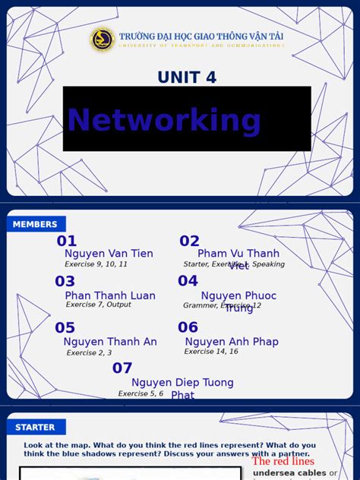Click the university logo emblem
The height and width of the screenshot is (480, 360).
pos(102,39)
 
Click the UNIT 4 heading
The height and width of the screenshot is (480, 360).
pos(187,77)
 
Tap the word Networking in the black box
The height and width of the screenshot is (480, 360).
pos(164,120)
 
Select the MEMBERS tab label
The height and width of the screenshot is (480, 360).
pos(35,224)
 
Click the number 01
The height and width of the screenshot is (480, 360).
pos(67,242)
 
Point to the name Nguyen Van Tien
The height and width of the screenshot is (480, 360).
pos(109,254)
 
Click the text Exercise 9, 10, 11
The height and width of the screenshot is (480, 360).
pos(96,264)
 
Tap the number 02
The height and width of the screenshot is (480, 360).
pos(190,242)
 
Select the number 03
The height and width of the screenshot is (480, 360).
pos(65,282)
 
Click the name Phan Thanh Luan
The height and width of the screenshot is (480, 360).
pos(110,295)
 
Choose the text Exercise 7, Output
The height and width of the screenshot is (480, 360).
pos(98,305)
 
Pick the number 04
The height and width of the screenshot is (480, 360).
pos(188,281)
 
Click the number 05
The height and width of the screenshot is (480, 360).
pos(65,328)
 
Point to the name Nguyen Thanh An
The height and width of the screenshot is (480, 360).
pos(110,342)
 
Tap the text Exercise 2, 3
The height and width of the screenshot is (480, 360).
pos(89,352)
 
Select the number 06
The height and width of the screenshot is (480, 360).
pos(188,327)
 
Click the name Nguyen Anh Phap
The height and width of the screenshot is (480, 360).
pos(232,342)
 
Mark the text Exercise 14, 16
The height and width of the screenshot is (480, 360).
pos(211,352)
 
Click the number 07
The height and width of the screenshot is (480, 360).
pos(122,368)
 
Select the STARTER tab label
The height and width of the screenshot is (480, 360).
pos(35,428)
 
